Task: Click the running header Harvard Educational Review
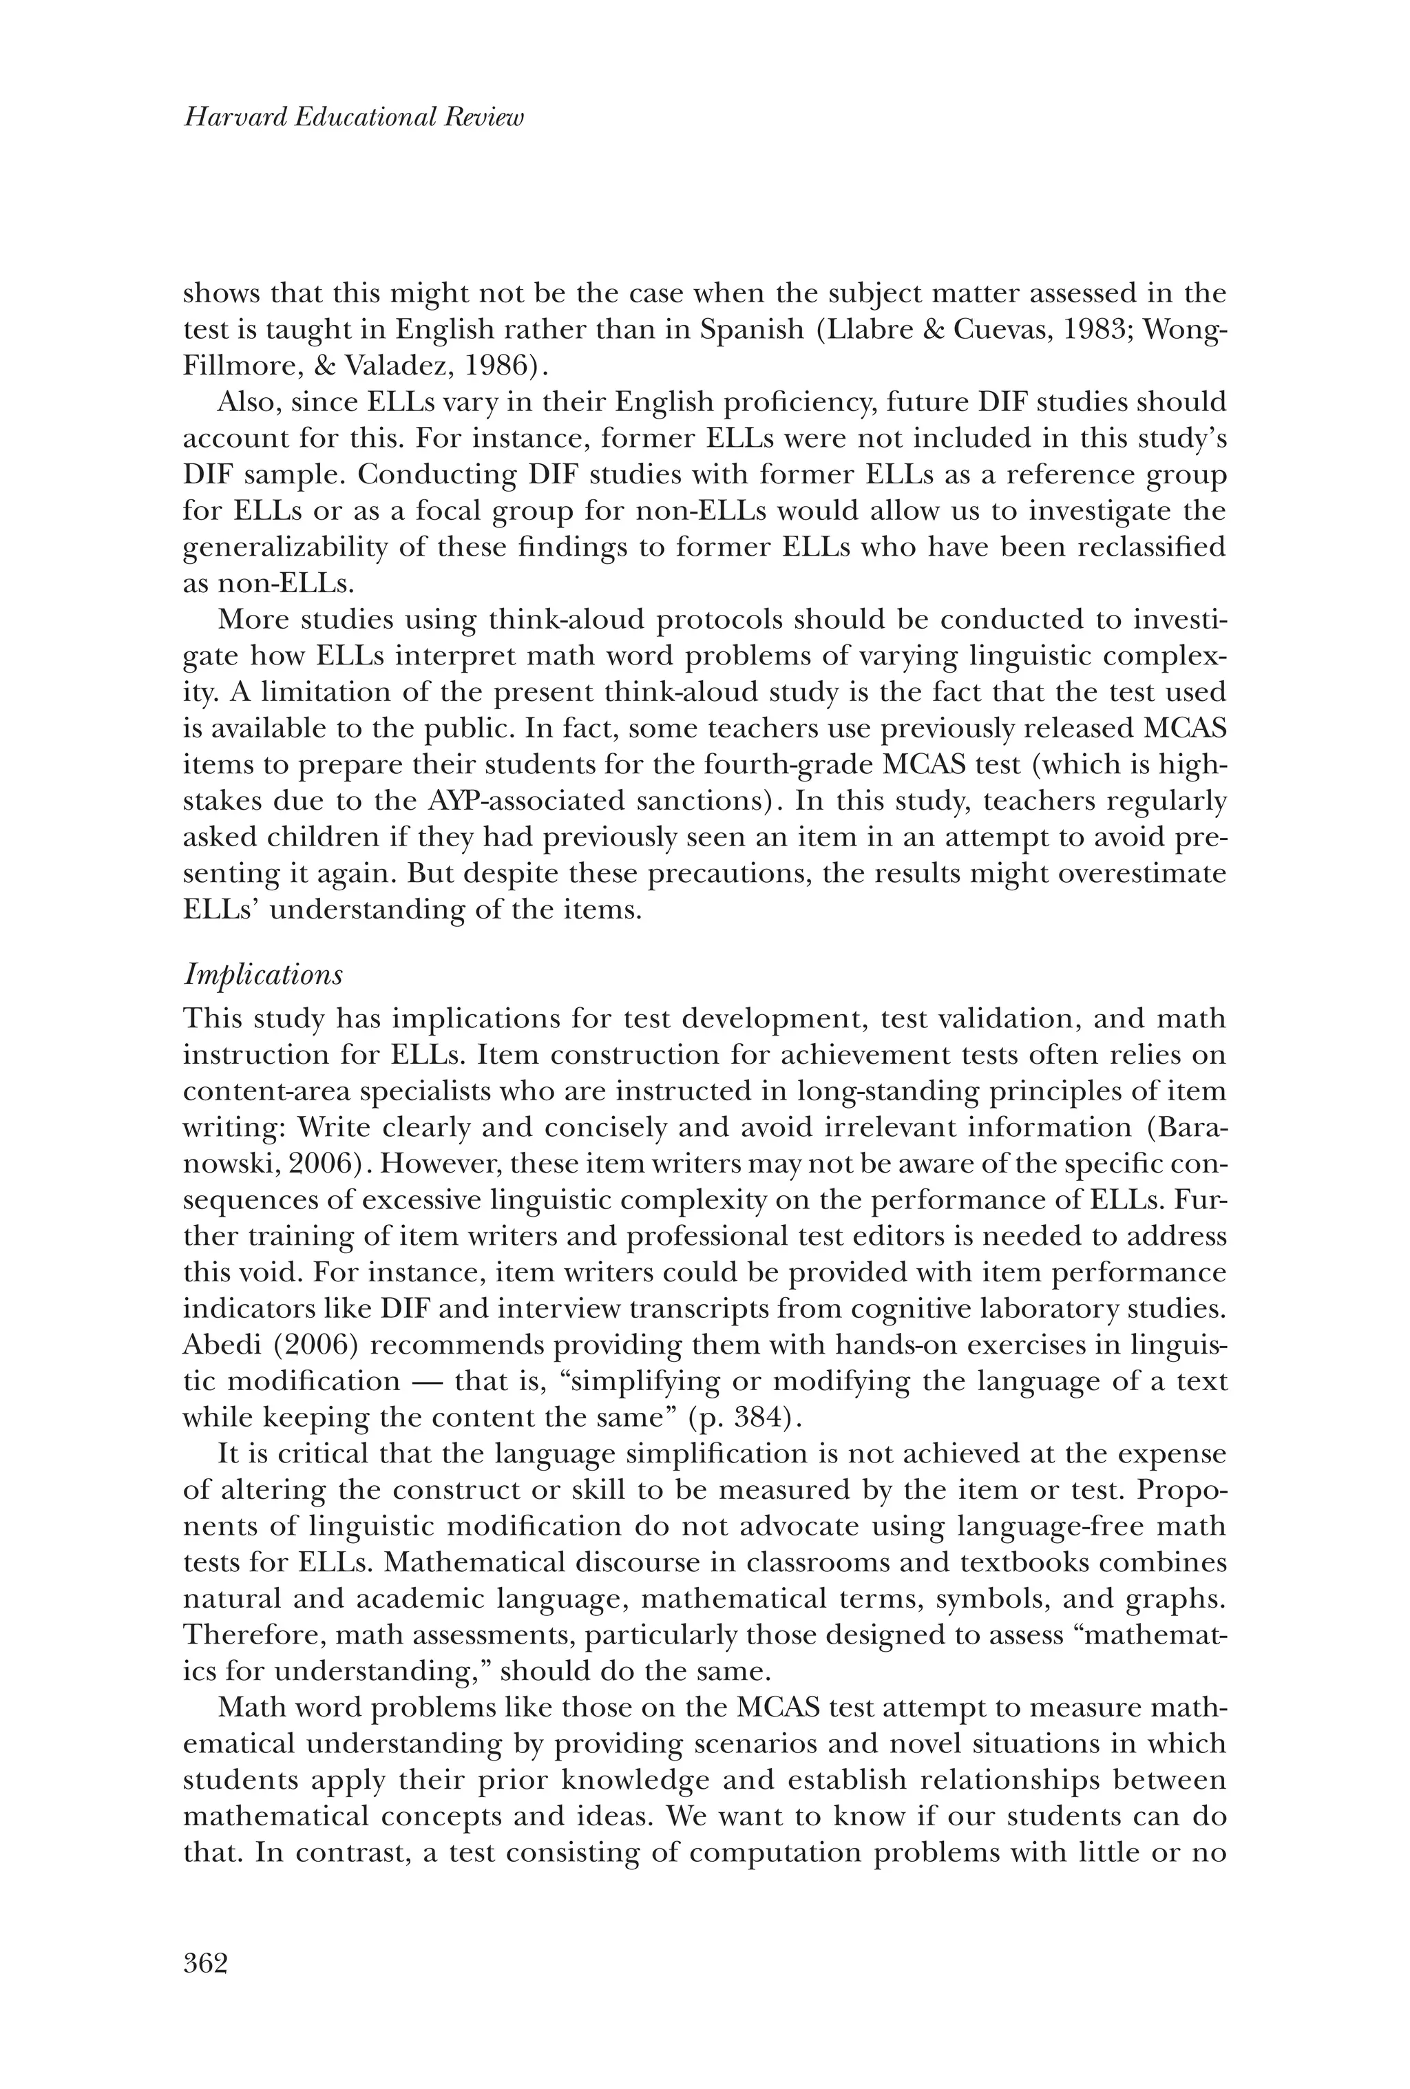click(353, 118)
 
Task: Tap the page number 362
click(206, 1986)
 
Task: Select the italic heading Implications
click(262, 974)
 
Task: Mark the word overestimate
click(1143, 873)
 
